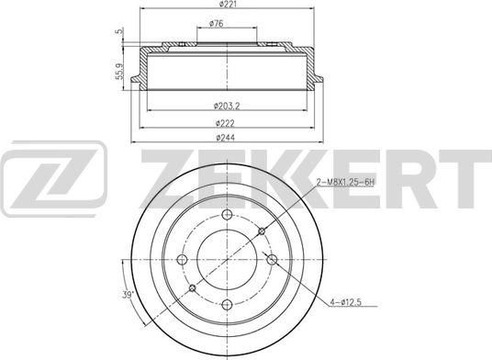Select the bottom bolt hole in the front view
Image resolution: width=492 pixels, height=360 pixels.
(227, 304)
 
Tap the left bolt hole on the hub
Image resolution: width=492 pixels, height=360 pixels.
(182, 259)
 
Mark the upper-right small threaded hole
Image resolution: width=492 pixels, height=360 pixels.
(262, 231)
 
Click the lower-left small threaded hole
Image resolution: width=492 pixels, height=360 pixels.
(192, 288)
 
